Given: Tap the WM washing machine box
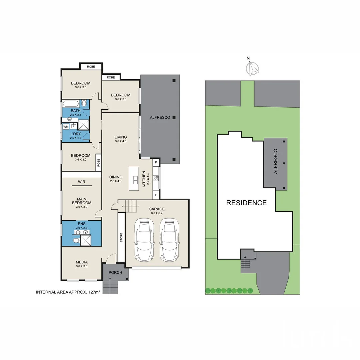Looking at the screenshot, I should tap(65, 127).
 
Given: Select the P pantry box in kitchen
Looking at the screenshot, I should tap(156, 162).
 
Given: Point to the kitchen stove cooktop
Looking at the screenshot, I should tap(156, 178).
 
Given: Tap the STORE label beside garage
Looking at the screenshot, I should tap(121, 238).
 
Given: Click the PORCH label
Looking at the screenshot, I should tap(115, 272).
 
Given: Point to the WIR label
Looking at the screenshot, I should tap(81, 182).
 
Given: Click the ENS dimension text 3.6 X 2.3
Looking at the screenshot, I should tap(81, 228).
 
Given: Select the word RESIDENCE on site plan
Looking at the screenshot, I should tap(246, 203).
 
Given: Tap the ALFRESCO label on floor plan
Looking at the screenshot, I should tap(160, 117).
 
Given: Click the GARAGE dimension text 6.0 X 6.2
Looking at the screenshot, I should tap(157, 214).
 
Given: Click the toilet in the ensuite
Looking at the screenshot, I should tap(76, 240).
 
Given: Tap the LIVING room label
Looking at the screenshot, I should tap(120, 137).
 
